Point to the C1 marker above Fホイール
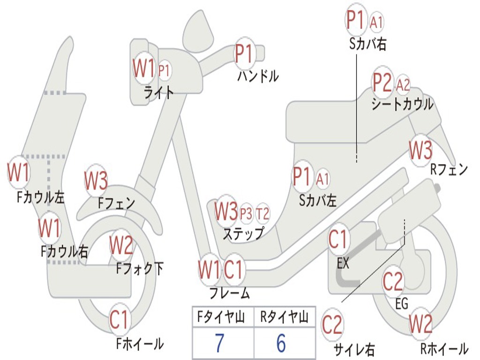click(119, 321)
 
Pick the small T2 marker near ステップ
click(263, 214)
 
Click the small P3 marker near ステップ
click(246, 214)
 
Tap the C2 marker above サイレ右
click(332, 325)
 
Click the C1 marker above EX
click(338, 240)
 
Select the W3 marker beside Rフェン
click(420, 150)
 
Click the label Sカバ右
click(368, 44)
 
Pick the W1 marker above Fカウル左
click(19, 172)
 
